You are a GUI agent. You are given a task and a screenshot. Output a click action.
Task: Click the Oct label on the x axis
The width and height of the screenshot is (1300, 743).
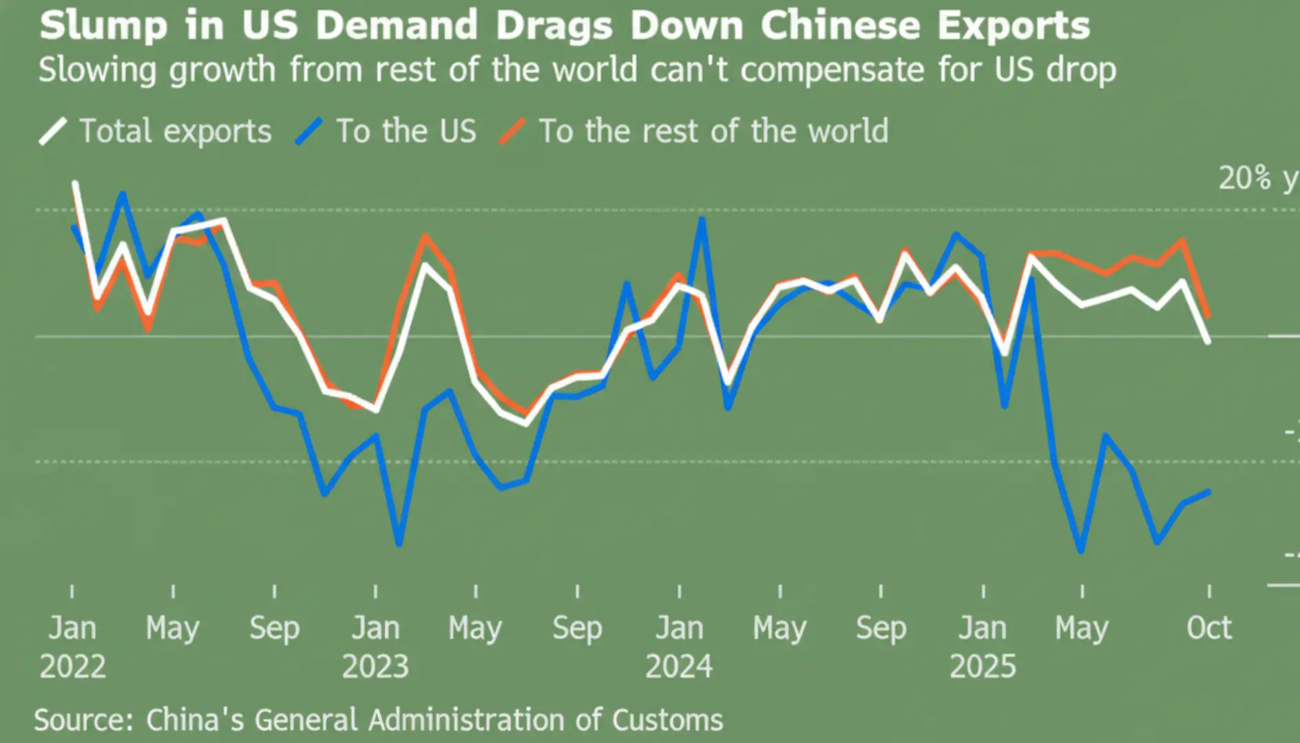point(1208,627)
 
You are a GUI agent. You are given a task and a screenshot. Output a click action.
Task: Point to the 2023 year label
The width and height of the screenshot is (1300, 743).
point(375,666)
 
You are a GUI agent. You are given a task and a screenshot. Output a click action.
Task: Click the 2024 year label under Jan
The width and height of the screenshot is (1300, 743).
point(679,666)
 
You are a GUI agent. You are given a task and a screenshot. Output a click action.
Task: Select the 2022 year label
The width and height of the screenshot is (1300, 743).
point(72,666)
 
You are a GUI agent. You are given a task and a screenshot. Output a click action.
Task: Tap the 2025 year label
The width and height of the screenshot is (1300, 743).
point(983,666)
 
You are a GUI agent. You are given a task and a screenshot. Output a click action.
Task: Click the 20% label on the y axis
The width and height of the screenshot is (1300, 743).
point(1245,178)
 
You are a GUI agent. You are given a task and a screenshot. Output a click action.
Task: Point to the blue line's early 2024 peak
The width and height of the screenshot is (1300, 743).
point(702,219)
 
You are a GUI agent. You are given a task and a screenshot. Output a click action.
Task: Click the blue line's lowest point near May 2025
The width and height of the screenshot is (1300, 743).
point(1081,551)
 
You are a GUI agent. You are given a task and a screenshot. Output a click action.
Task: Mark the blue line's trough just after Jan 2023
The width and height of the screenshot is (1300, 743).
point(399,544)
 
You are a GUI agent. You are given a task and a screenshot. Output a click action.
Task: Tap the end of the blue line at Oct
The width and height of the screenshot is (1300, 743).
point(1208,492)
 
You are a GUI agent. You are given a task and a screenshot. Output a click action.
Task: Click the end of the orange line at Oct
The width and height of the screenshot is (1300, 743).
point(1208,316)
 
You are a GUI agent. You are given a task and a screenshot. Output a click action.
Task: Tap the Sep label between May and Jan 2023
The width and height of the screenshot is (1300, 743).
point(274,627)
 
